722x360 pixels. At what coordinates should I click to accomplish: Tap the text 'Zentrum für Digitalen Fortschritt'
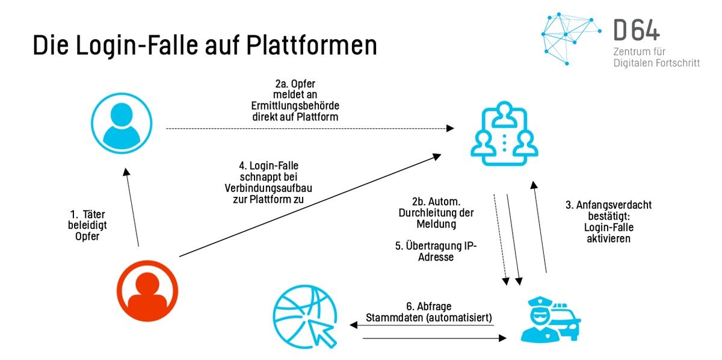point(656,57)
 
